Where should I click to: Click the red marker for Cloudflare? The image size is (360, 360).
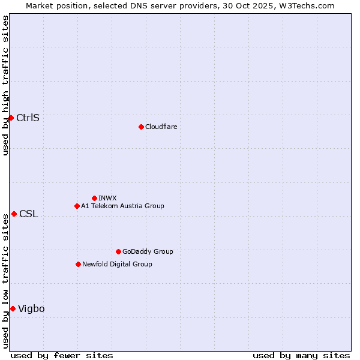pyautogui.click(x=141, y=127)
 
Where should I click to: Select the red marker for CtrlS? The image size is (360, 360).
pyautogui.click(x=11, y=118)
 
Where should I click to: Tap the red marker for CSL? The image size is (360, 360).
pyautogui.click(x=14, y=214)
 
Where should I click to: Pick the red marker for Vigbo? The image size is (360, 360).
pyautogui.click(x=13, y=308)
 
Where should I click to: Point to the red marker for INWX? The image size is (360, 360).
pyautogui.click(x=94, y=198)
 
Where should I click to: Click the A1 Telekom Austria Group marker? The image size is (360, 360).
pyautogui.click(x=77, y=206)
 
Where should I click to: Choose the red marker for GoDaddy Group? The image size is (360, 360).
pyautogui.click(x=118, y=251)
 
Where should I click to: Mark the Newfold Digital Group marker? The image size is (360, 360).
pyautogui.click(x=78, y=264)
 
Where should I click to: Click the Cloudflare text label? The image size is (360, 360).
pyautogui.click(x=161, y=127)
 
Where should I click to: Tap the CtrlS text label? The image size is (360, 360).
pyautogui.click(x=28, y=118)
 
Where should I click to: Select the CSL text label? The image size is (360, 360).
pyautogui.click(x=28, y=214)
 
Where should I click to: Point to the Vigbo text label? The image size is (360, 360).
pyautogui.click(x=31, y=308)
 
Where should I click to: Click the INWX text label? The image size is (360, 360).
pyautogui.click(x=107, y=198)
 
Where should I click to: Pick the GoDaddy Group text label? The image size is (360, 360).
pyautogui.click(x=148, y=251)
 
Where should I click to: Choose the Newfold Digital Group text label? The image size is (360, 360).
pyautogui.click(x=117, y=264)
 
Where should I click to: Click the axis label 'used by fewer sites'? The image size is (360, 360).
pyautogui.click(x=62, y=355)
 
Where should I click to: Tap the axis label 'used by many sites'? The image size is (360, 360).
pyautogui.click(x=301, y=355)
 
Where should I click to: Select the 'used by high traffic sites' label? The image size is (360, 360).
pyautogui.click(x=5, y=85)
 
